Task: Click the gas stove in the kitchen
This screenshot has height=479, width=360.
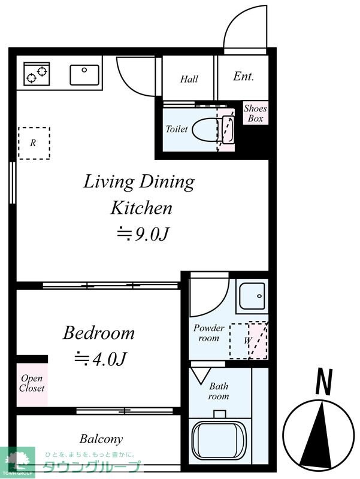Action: [37, 74]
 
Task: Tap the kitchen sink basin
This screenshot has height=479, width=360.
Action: [84, 75]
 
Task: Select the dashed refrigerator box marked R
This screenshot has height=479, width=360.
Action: [34, 143]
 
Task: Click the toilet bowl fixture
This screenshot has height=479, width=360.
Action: [205, 129]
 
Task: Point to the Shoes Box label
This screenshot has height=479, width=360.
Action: [255, 113]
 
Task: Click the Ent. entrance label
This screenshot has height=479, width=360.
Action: [243, 76]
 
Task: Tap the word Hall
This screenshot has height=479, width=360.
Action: [189, 79]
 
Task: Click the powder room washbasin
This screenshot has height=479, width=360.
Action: [252, 296]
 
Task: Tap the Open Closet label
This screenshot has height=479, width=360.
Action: [32, 383]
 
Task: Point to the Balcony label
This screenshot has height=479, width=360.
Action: [101, 439]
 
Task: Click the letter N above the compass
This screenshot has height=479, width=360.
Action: [323, 382]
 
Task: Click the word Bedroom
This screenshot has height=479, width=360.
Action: [99, 333]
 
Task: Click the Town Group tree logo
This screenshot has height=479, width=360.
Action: [18, 461]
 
